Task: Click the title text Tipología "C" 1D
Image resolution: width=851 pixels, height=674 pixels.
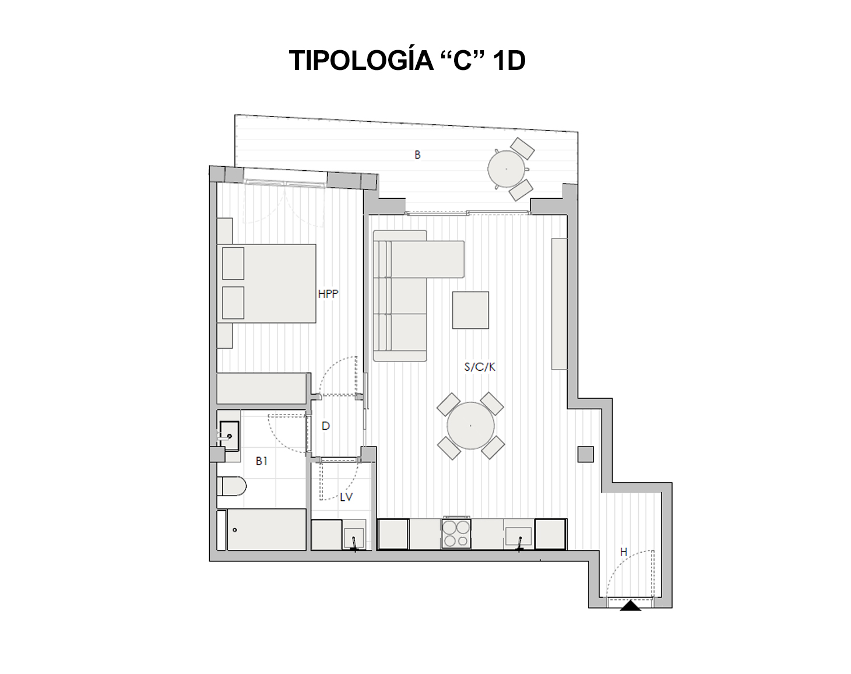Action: [407, 60]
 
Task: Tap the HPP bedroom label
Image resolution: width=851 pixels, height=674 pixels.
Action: [328, 294]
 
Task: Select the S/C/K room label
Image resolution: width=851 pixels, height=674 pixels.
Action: [480, 367]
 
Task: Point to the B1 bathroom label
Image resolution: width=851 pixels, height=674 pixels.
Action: [261, 461]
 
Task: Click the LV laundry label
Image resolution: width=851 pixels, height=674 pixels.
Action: [346, 497]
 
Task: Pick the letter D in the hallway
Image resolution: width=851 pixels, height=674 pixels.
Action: [325, 426]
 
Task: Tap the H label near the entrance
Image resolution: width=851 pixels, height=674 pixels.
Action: [624, 552]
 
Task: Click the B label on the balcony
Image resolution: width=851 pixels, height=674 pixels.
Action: [417, 155]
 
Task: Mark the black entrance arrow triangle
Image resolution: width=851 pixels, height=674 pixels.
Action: [630, 606]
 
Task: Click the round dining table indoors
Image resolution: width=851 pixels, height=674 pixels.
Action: [470, 426]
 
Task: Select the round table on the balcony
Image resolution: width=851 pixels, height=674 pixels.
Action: [507, 169]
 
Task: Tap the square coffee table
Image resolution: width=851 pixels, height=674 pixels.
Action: [470, 310]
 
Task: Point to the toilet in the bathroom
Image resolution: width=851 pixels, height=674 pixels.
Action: [232, 486]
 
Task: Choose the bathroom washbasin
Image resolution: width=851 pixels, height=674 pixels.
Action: [229, 436]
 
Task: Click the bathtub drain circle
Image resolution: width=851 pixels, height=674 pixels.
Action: [235, 530]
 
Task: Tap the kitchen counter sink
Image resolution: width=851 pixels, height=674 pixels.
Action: [519, 538]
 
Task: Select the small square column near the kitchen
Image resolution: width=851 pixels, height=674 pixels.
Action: [586, 454]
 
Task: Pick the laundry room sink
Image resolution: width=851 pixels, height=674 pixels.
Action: [354, 538]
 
